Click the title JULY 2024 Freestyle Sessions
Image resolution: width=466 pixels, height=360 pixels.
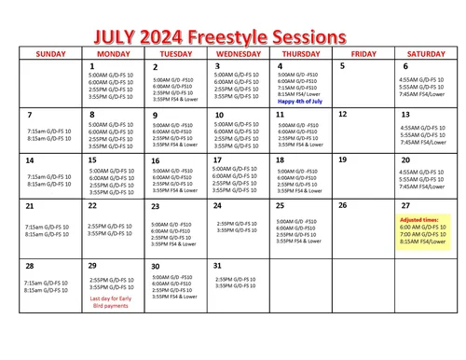(219, 36)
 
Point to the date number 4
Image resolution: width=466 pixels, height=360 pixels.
(281, 66)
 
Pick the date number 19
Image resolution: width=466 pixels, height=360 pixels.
(343, 159)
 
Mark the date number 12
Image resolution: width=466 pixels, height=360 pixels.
(343, 114)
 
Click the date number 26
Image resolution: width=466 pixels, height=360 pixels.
(343, 205)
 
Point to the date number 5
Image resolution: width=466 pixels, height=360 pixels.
(342, 66)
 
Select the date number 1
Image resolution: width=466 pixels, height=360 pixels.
(91, 66)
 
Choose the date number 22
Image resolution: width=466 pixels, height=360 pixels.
(92, 205)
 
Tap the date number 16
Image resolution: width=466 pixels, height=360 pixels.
(156, 160)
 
